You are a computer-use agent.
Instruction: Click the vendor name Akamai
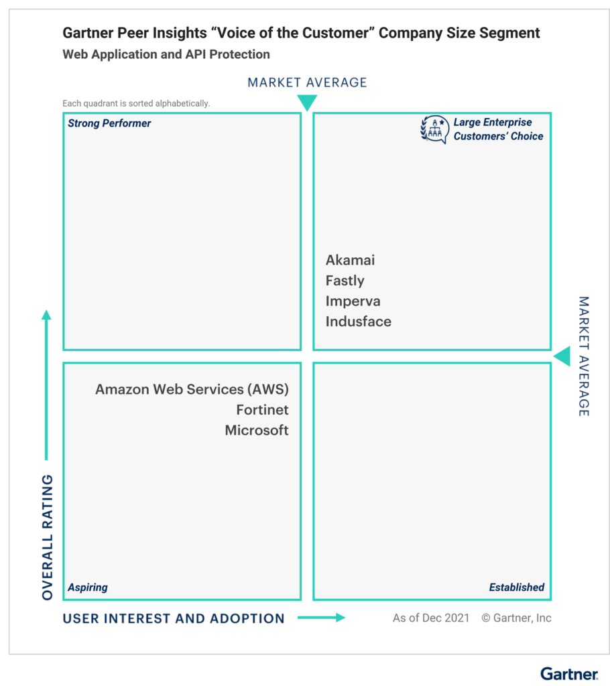[x=350, y=260]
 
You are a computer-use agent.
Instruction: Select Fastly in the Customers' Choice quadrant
[x=345, y=281]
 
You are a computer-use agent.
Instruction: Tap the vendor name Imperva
[x=353, y=301]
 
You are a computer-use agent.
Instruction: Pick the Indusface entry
[x=358, y=322]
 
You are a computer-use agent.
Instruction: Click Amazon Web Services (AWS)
[x=192, y=389]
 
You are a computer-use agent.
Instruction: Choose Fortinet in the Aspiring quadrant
[x=262, y=410]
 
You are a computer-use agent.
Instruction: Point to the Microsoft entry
[x=257, y=431]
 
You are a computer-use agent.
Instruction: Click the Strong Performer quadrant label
[x=109, y=123]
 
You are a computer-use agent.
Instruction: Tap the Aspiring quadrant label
[x=88, y=587]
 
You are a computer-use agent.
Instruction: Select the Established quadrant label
[x=516, y=587]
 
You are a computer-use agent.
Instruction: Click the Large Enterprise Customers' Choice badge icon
[x=434, y=129]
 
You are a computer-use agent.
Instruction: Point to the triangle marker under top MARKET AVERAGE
[x=307, y=102]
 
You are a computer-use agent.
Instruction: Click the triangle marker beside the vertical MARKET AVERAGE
[x=562, y=356]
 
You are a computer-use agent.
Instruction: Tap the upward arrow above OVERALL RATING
[x=46, y=385]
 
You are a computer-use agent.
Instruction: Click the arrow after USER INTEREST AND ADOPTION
[x=321, y=617]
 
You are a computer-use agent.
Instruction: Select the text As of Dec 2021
[x=431, y=618]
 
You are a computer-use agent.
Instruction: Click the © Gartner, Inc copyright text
[x=516, y=618]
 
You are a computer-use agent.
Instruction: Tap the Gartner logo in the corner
[x=569, y=674]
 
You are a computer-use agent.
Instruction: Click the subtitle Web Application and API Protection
[x=166, y=54]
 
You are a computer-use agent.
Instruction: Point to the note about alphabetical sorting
[x=136, y=103]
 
